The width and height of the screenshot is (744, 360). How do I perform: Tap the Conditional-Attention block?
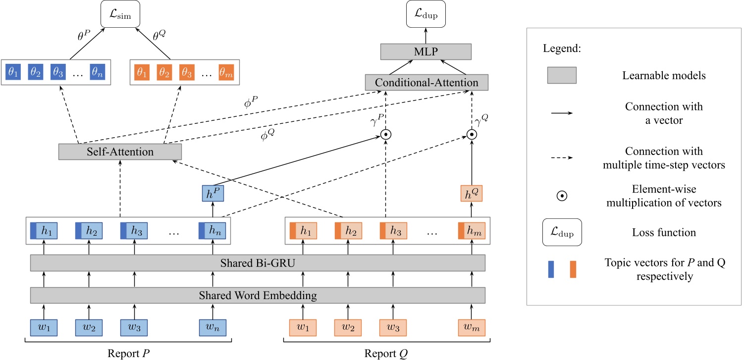point(426,82)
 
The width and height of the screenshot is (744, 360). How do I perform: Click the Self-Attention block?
point(120,152)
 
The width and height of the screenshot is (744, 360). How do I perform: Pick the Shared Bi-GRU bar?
point(258,263)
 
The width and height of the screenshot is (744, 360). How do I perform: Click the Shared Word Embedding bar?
point(258,296)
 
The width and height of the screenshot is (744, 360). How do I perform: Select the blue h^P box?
point(213,192)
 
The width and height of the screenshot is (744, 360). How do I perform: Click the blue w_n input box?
point(213,328)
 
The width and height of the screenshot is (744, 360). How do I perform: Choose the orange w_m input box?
point(471,328)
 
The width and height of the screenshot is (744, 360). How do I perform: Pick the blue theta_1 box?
point(13,72)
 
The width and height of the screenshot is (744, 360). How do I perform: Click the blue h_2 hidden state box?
point(89,230)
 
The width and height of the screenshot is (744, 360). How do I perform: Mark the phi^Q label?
point(267,135)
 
